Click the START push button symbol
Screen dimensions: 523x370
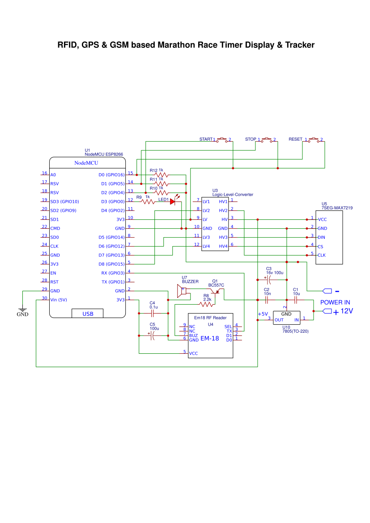pyautogui.click(x=222, y=140)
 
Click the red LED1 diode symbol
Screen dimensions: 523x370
pyautogui.click(x=173, y=201)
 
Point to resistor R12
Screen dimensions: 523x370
pyautogui.click(x=161, y=175)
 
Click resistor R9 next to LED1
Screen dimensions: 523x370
pyautogui.click(x=148, y=201)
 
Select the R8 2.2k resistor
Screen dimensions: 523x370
pyautogui.click(x=206, y=304)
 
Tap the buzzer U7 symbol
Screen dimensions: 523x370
pyautogui.click(x=182, y=292)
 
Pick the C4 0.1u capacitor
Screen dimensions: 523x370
pyautogui.click(x=153, y=313)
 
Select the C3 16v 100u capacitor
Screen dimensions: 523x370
pyautogui.click(x=269, y=280)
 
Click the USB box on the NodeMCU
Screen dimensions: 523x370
pyautogui.click(x=88, y=314)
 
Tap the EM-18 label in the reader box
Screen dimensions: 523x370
pyautogui.click(x=209, y=339)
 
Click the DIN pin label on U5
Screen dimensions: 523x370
pyautogui.click(x=321, y=237)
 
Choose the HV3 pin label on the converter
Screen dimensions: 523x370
pyautogui.click(x=223, y=237)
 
